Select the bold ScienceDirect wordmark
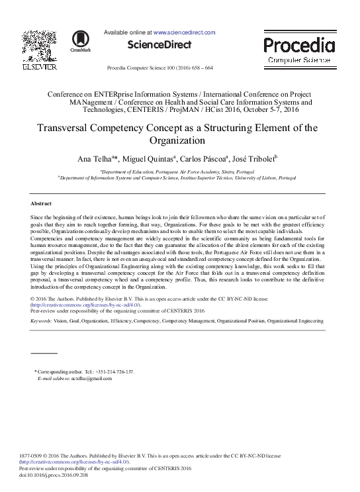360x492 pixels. [159, 45]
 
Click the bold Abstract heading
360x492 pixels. [43, 203]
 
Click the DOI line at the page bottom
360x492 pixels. [55, 475]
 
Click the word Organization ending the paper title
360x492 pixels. [179, 140]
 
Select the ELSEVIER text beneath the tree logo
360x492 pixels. [34, 67]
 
